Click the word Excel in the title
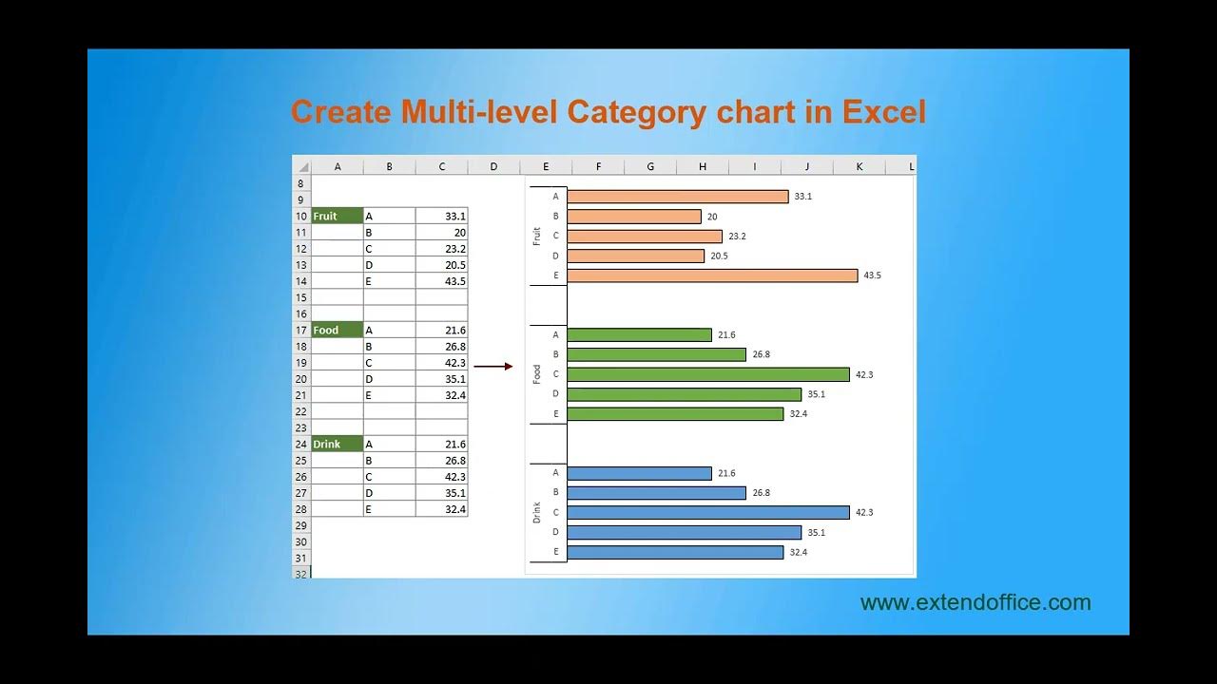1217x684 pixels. (x=884, y=112)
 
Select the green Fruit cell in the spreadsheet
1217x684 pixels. (x=338, y=216)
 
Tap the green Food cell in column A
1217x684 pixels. (x=338, y=330)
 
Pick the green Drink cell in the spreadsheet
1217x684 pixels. (x=338, y=444)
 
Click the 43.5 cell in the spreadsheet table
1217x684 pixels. (x=442, y=281)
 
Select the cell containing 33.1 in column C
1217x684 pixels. (x=442, y=216)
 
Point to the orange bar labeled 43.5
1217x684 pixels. (x=712, y=275)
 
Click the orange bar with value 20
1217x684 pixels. (x=634, y=217)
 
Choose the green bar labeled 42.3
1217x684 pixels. (x=707, y=374)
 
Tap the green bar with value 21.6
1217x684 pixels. (x=639, y=334)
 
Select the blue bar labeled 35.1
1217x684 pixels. (x=684, y=532)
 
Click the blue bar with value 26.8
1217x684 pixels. (x=656, y=492)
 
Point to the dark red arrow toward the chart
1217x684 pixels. (x=493, y=366)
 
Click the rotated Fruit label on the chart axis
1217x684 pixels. (x=537, y=236)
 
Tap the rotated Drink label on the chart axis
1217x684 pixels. (x=537, y=512)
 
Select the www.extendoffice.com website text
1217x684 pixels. (x=976, y=602)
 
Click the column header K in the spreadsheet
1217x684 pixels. (x=860, y=167)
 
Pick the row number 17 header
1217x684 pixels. (x=301, y=330)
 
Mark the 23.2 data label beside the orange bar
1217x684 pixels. (x=738, y=236)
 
